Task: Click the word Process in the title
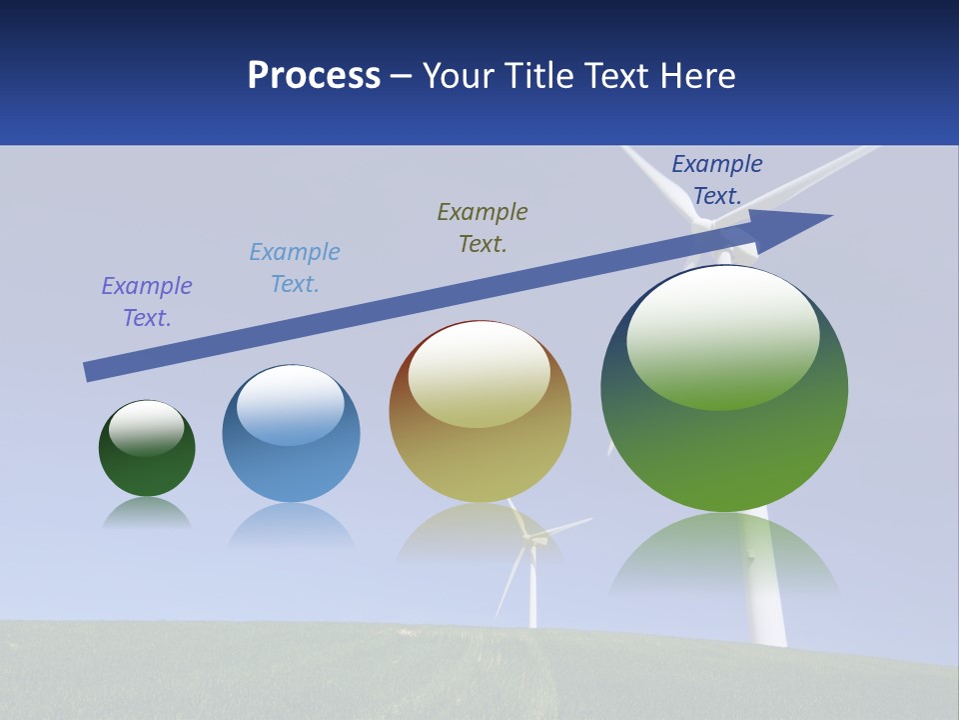click(x=314, y=76)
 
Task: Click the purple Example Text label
click(x=147, y=302)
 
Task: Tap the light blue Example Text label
click(x=295, y=268)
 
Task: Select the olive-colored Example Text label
click(x=482, y=228)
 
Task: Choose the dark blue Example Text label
click(x=717, y=180)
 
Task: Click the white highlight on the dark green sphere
click(x=147, y=427)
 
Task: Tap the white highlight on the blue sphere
click(x=291, y=404)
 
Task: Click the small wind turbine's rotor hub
click(x=532, y=541)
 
